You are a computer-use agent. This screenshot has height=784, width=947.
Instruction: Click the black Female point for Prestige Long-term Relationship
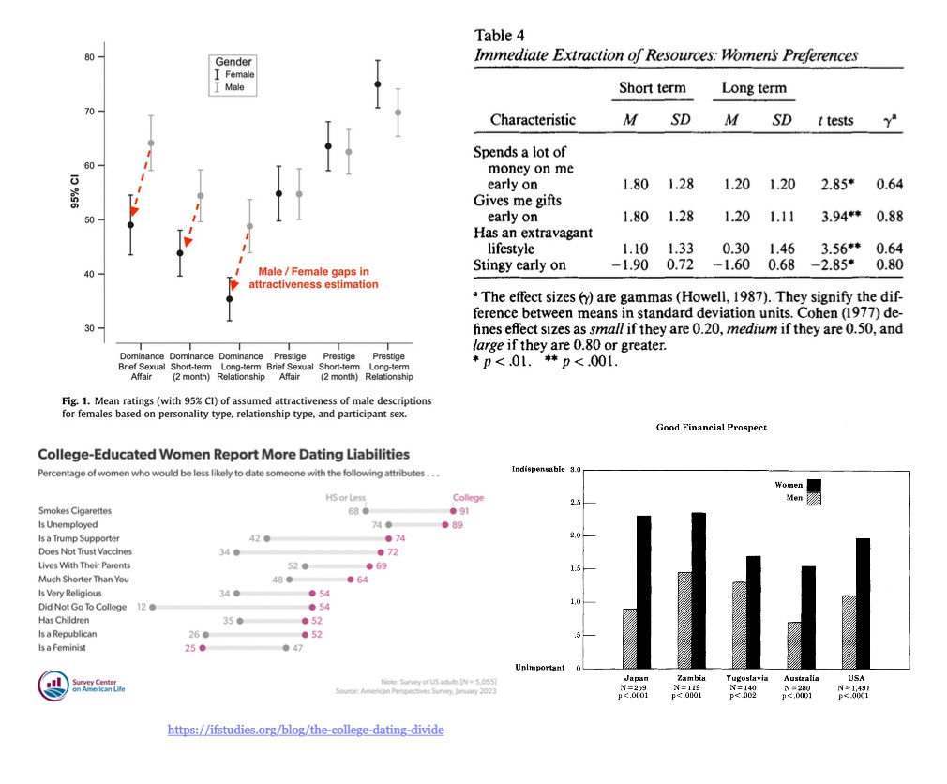click(x=378, y=84)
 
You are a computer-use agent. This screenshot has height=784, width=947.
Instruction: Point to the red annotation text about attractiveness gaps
click(x=313, y=279)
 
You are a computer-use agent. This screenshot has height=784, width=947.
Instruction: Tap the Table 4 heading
click(x=506, y=36)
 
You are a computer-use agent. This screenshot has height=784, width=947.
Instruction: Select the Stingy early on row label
click(x=519, y=264)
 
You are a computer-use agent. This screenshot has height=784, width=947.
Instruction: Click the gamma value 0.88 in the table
click(x=889, y=217)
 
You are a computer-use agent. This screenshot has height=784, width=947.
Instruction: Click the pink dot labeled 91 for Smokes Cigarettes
click(x=452, y=511)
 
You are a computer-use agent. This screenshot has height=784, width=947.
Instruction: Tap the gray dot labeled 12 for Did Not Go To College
click(x=152, y=607)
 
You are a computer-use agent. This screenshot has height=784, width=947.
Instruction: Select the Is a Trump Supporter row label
click(x=79, y=538)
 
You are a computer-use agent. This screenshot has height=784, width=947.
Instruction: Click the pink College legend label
click(x=469, y=498)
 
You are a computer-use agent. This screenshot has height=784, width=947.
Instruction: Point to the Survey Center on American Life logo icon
click(x=51, y=684)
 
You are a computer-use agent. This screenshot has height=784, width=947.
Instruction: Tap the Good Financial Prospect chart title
click(x=712, y=428)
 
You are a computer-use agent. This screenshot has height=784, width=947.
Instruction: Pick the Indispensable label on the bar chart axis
click(x=538, y=469)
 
